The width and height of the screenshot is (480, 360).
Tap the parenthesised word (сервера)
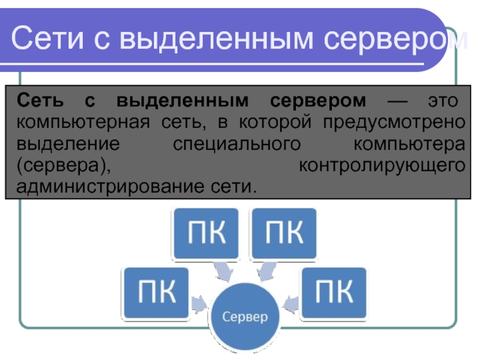pyautogui.click(x=64, y=166)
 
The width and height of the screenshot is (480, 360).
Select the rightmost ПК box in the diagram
pyautogui.click(x=334, y=294)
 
